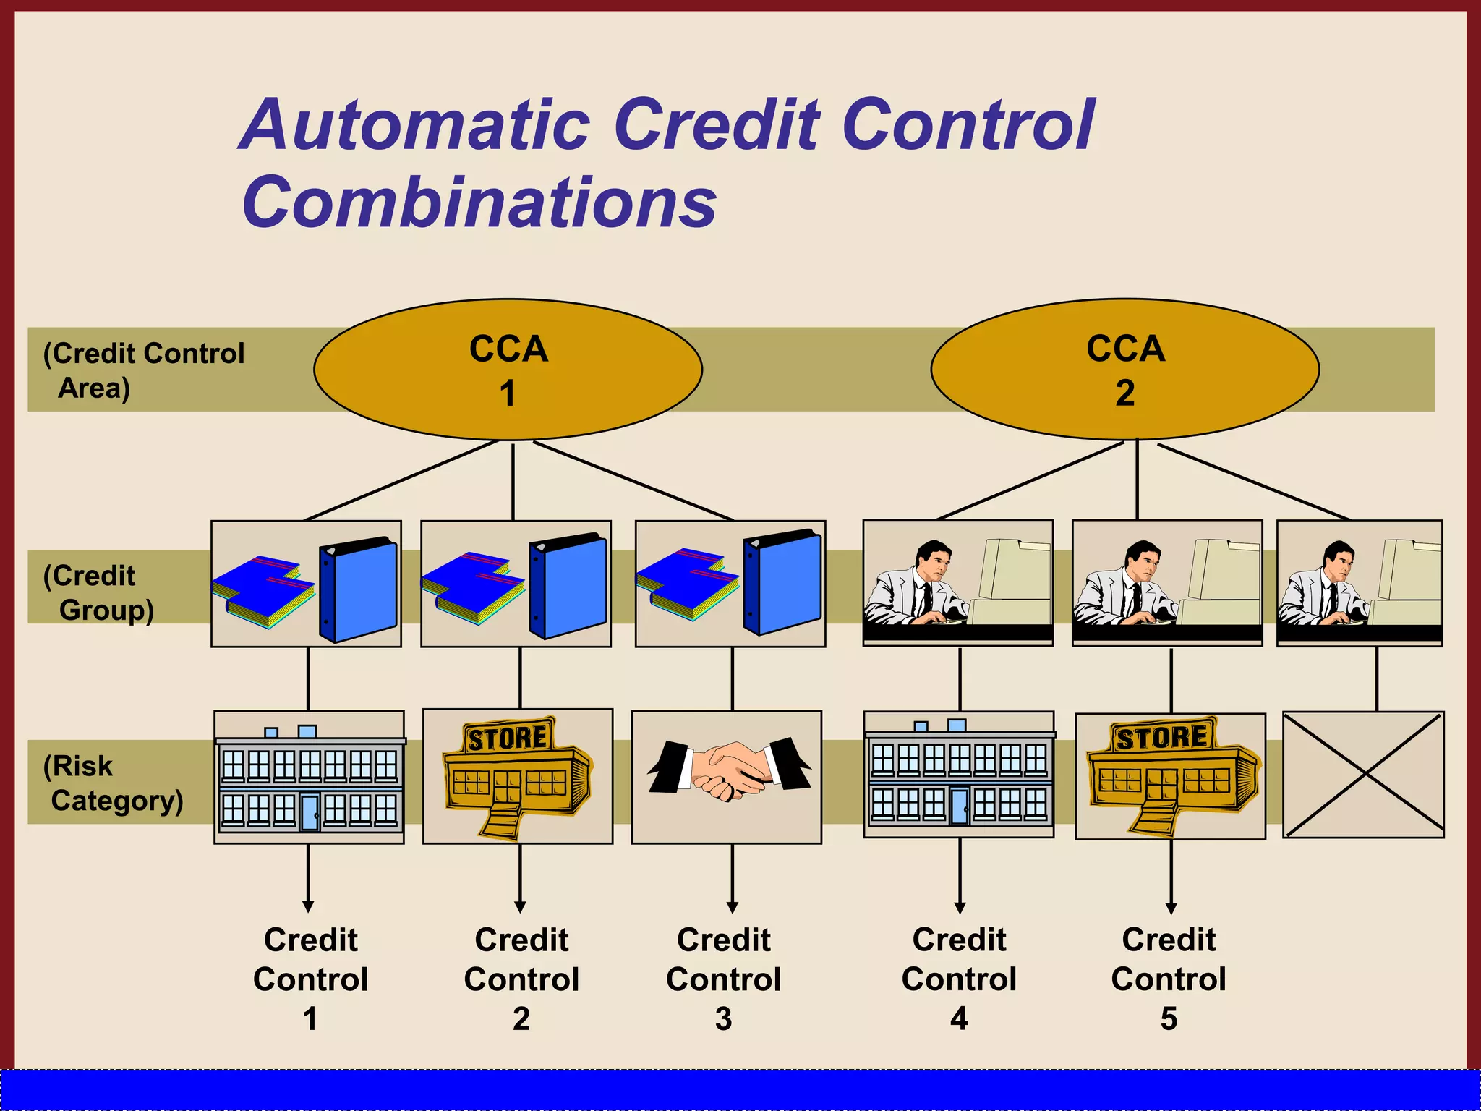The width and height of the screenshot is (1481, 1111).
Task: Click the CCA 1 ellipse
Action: [x=508, y=370]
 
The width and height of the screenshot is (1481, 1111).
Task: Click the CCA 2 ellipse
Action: [x=1124, y=370]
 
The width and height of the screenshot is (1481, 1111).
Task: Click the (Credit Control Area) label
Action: [x=143, y=370]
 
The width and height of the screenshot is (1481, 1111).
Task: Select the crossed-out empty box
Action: [x=1363, y=775]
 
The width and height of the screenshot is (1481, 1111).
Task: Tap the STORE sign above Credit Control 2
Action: [x=508, y=738]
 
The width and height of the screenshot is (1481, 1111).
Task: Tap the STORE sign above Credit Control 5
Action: [x=1161, y=737]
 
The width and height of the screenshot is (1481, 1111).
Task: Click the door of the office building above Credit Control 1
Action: [x=310, y=812]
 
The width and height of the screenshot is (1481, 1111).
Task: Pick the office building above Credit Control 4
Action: [x=959, y=775]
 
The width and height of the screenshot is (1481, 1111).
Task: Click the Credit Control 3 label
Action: [x=724, y=979]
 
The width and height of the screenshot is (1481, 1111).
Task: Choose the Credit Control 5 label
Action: [x=1169, y=979]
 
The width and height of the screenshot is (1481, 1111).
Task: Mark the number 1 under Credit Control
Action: [x=310, y=1019]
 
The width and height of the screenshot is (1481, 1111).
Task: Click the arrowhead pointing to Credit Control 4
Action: [x=960, y=908]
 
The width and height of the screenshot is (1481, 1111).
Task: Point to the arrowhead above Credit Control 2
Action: [x=520, y=907]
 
